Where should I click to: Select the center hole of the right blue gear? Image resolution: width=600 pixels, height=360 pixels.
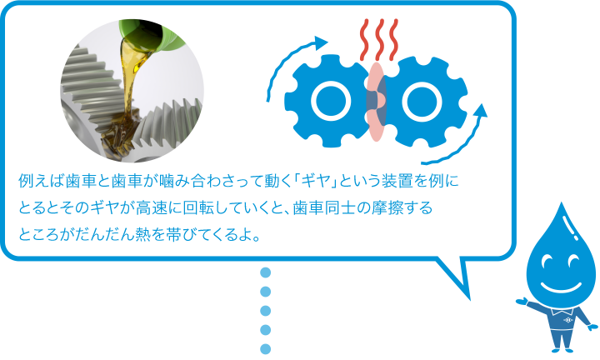(x=422, y=102)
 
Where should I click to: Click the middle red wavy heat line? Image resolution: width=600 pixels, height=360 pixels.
(x=379, y=40)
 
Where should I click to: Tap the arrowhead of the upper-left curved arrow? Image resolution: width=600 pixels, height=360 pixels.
(x=320, y=42)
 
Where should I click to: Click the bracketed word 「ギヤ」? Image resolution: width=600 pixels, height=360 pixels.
(x=313, y=181)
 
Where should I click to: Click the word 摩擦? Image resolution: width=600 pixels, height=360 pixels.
(x=384, y=208)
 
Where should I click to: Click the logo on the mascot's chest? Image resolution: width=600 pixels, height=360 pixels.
(x=567, y=319)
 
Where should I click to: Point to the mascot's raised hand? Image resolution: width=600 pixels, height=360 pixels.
(x=520, y=301)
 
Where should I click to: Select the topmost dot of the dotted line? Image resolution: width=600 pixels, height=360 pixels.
(x=265, y=272)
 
